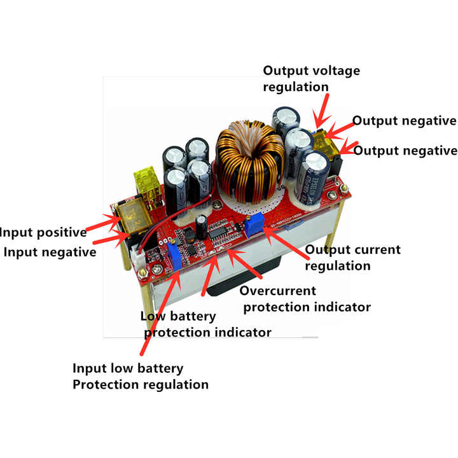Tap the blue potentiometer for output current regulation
(255, 222)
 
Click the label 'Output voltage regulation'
(311, 78)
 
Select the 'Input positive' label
(43, 232)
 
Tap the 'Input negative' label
(50, 252)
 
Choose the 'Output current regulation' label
(353, 257)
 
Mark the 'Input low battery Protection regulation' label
(140, 376)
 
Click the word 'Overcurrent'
(277, 291)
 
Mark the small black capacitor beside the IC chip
(201, 226)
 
